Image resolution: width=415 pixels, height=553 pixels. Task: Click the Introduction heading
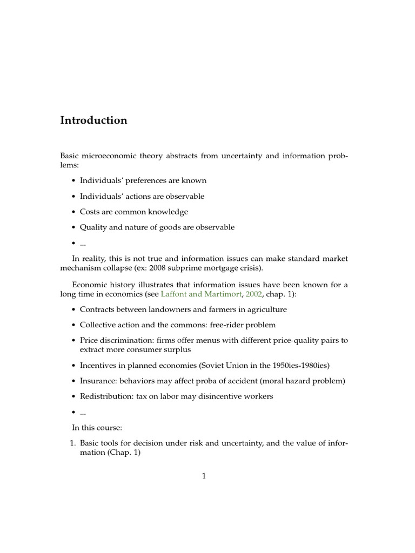tap(93, 120)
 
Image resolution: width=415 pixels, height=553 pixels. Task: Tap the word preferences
tap(144, 180)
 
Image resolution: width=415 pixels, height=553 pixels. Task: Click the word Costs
tap(90, 212)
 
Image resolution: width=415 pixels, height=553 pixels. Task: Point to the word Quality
tap(93, 227)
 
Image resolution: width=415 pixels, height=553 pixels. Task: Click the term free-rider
tap(225, 325)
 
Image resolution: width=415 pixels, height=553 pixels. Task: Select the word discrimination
tap(124, 340)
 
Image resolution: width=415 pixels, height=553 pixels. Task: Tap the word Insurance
tap(97, 381)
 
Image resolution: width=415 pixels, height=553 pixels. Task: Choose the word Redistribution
tap(104, 396)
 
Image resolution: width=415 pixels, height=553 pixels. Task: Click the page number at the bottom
tap(204, 476)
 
